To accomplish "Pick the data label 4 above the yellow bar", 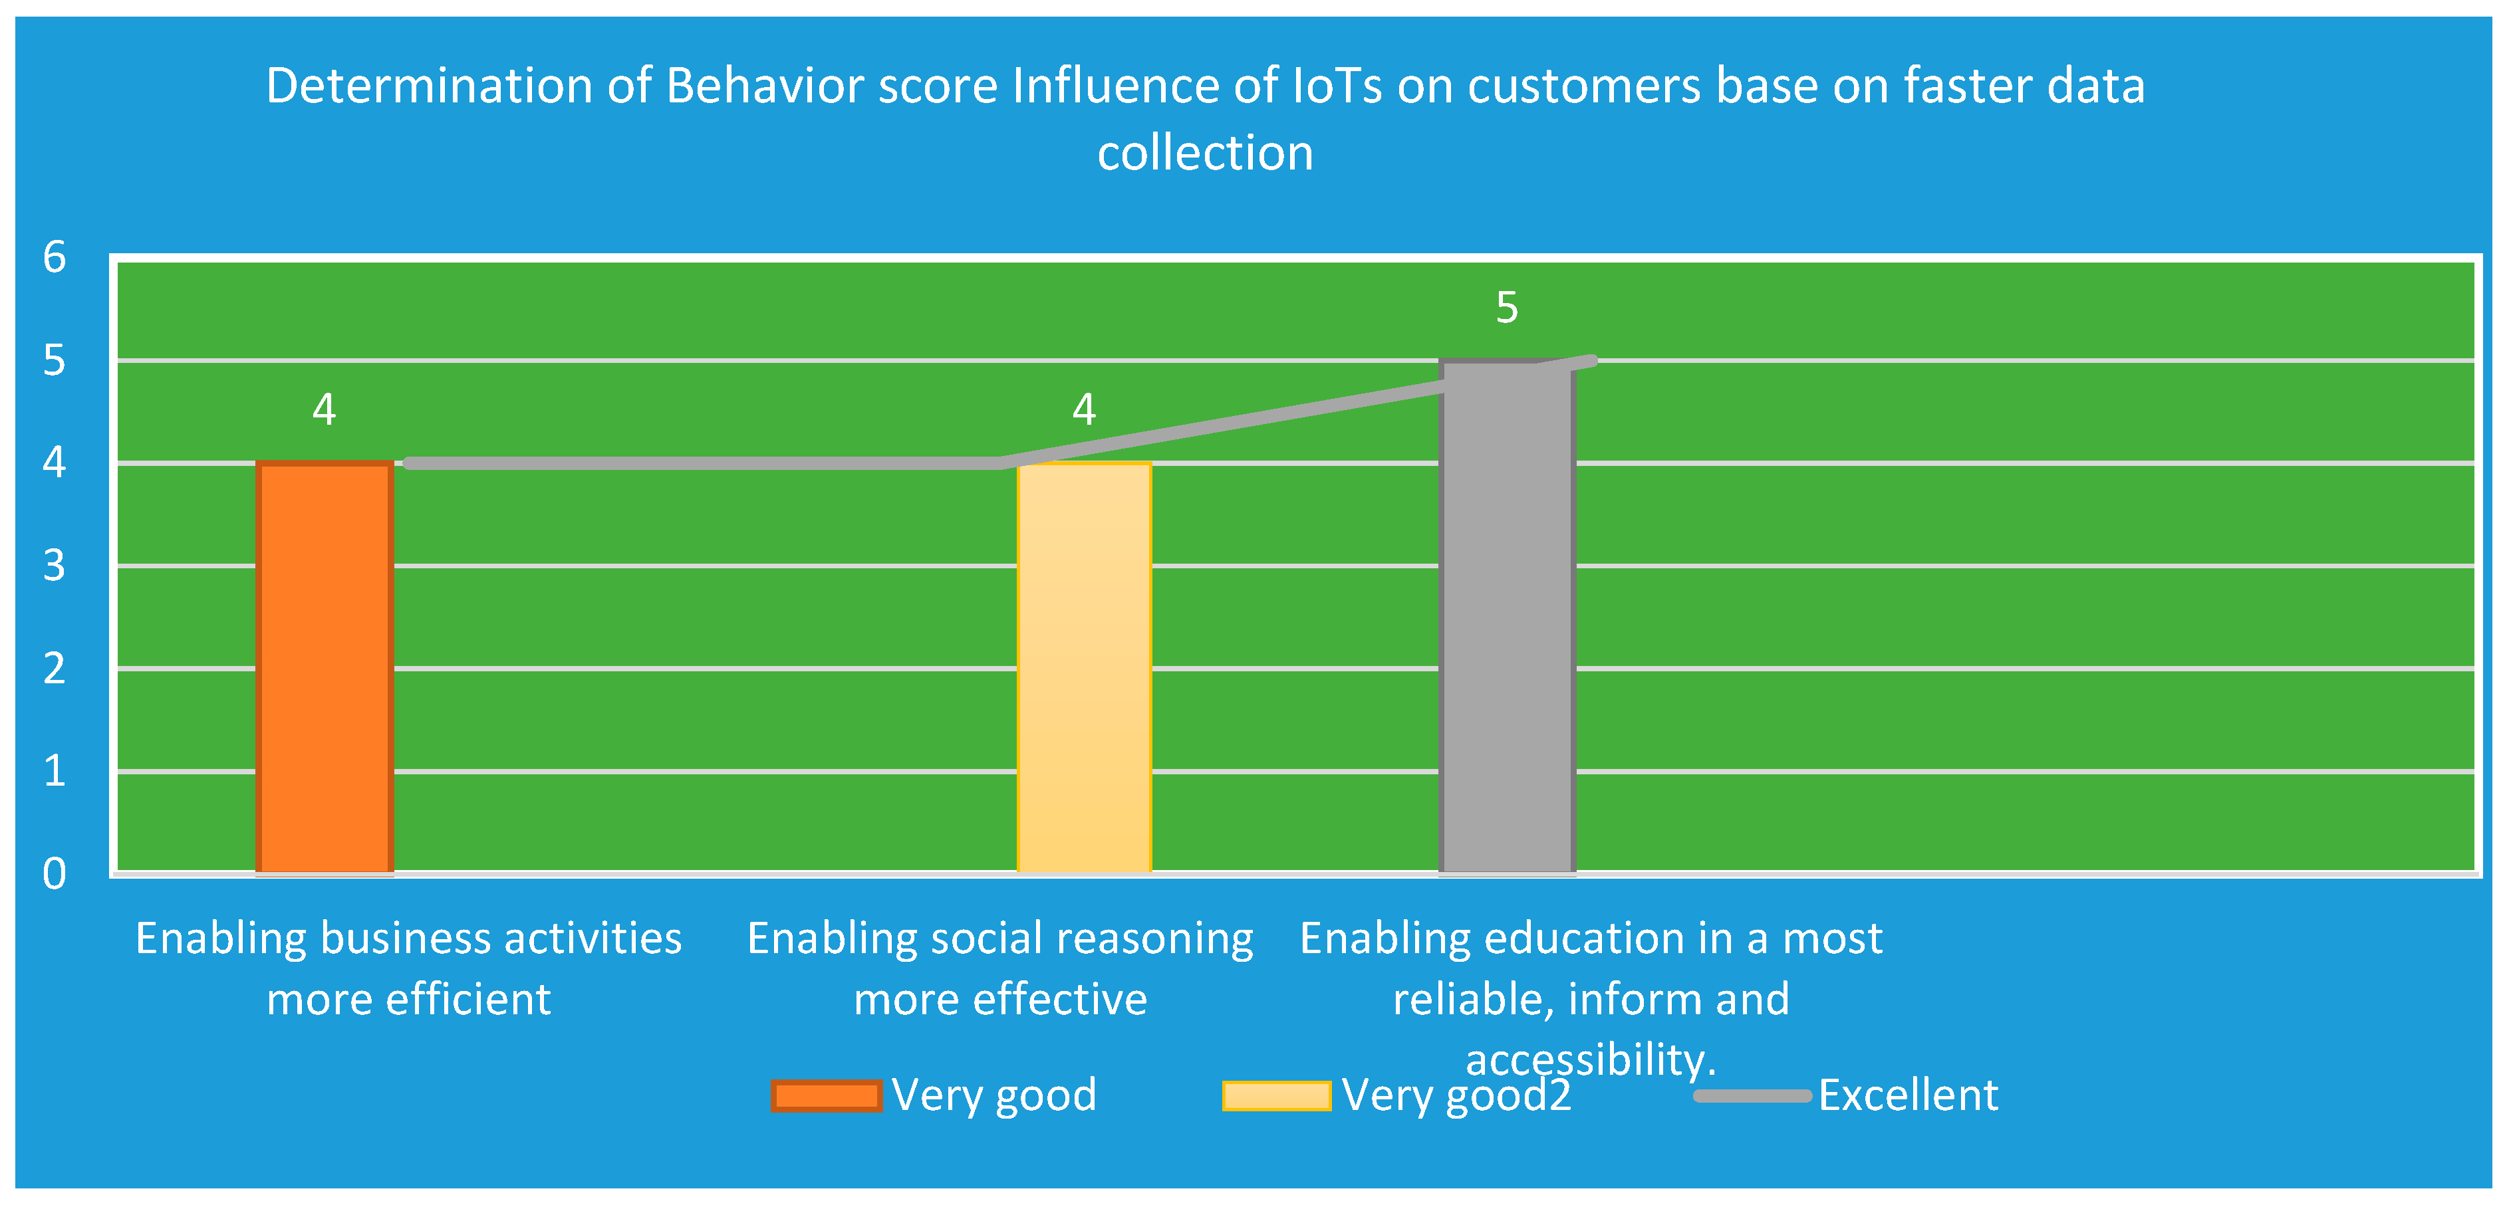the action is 1085,409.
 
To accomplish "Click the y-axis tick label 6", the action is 55,257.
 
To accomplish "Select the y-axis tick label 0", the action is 55,873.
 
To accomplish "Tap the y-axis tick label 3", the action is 55,566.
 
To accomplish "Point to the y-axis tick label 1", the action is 55,770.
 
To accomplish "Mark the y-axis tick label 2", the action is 55,668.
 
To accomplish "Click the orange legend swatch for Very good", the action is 827,1096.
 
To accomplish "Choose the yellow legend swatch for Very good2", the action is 1277,1096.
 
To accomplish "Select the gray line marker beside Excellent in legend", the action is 1752,1096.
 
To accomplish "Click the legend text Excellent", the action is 1908,1095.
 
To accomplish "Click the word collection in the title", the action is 1206,153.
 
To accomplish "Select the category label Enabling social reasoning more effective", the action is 1001,968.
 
